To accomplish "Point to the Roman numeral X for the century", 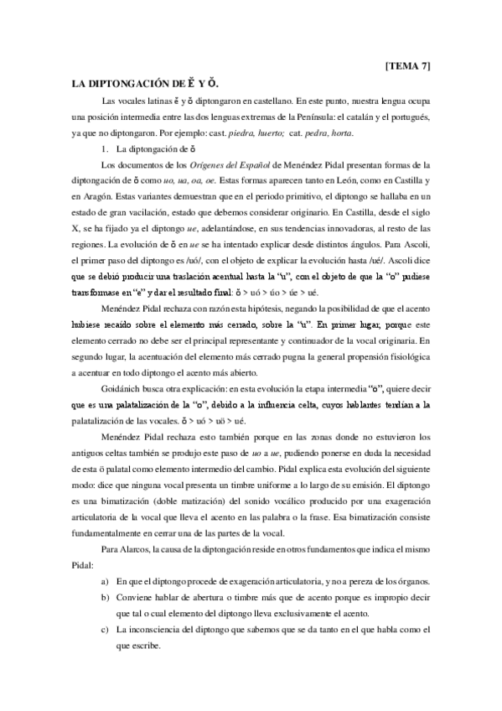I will (x=76, y=230).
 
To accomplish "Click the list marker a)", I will (x=105, y=581).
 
